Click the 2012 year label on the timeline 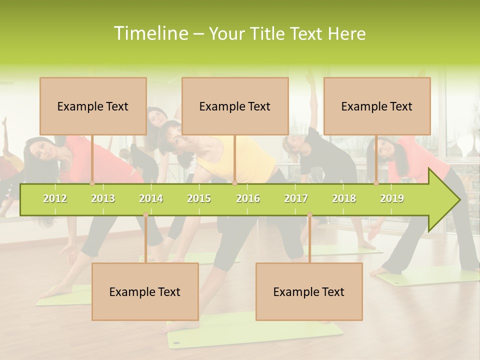pyautogui.click(x=55, y=198)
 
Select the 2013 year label pyautogui.click(x=103, y=198)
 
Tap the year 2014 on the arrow pyautogui.click(x=151, y=198)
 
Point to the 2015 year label pyautogui.click(x=199, y=198)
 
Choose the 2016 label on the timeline pyautogui.click(x=248, y=198)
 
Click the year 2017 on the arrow pyautogui.click(x=296, y=198)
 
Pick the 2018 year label pyautogui.click(x=344, y=198)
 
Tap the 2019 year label pyautogui.click(x=392, y=198)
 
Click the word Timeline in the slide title pyautogui.click(x=150, y=33)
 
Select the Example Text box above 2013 pyautogui.click(x=93, y=106)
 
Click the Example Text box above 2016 pyautogui.click(x=235, y=106)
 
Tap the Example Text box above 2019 pyautogui.click(x=377, y=106)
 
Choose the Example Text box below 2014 pyautogui.click(x=145, y=291)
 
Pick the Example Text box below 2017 pyautogui.click(x=309, y=291)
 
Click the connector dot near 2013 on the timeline pyautogui.click(x=92, y=183)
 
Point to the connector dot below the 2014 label pyautogui.click(x=145, y=215)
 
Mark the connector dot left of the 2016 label pyautogui.click(x=234, y=183)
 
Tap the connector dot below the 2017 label pyautogui.click(x=309, y=215)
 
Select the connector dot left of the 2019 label pyautogui.click(x=376, y=183)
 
